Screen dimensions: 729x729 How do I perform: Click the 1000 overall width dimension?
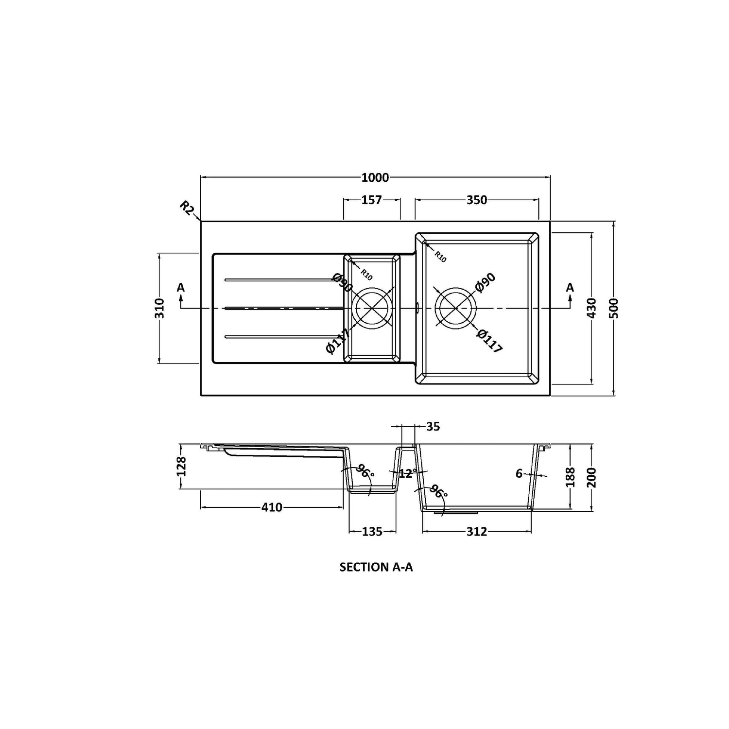375,177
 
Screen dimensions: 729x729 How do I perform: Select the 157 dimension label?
372,200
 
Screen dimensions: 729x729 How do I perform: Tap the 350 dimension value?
477,200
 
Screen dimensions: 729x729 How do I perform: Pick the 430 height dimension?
591,308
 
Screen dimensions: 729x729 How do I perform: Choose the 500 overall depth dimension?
614,308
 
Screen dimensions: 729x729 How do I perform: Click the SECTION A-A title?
376,567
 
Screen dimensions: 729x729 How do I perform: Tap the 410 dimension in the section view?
272,507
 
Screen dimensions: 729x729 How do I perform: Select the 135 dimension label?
372,532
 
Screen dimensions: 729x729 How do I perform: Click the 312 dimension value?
477,532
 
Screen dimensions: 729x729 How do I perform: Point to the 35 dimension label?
433,427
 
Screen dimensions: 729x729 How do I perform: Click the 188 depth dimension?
571,477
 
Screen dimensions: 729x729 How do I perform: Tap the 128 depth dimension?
181,466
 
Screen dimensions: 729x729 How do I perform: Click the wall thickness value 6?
519,473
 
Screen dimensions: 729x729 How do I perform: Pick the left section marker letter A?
181,288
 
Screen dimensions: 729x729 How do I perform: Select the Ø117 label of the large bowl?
489,340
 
